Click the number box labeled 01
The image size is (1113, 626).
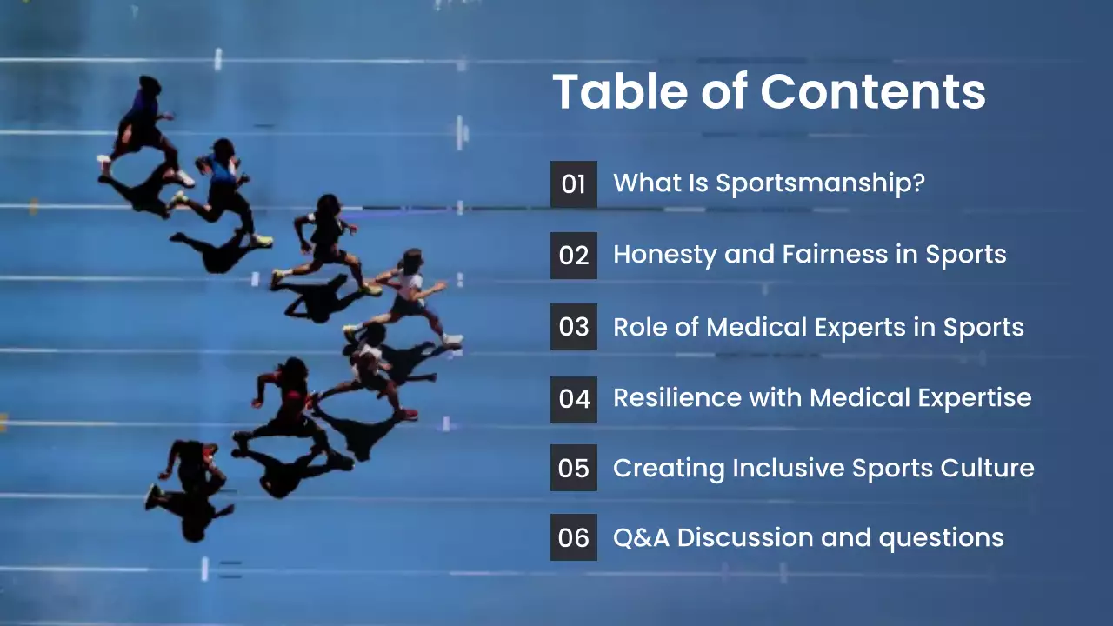[574, 184]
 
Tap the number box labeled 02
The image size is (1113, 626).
[574, 256]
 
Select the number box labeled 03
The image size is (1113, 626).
[574, 327]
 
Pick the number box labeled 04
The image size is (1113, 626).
[574, 399]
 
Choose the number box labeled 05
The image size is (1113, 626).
[574, 469]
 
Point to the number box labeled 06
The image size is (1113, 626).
[574, 538]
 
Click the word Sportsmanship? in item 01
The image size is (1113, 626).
[820, 183]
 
